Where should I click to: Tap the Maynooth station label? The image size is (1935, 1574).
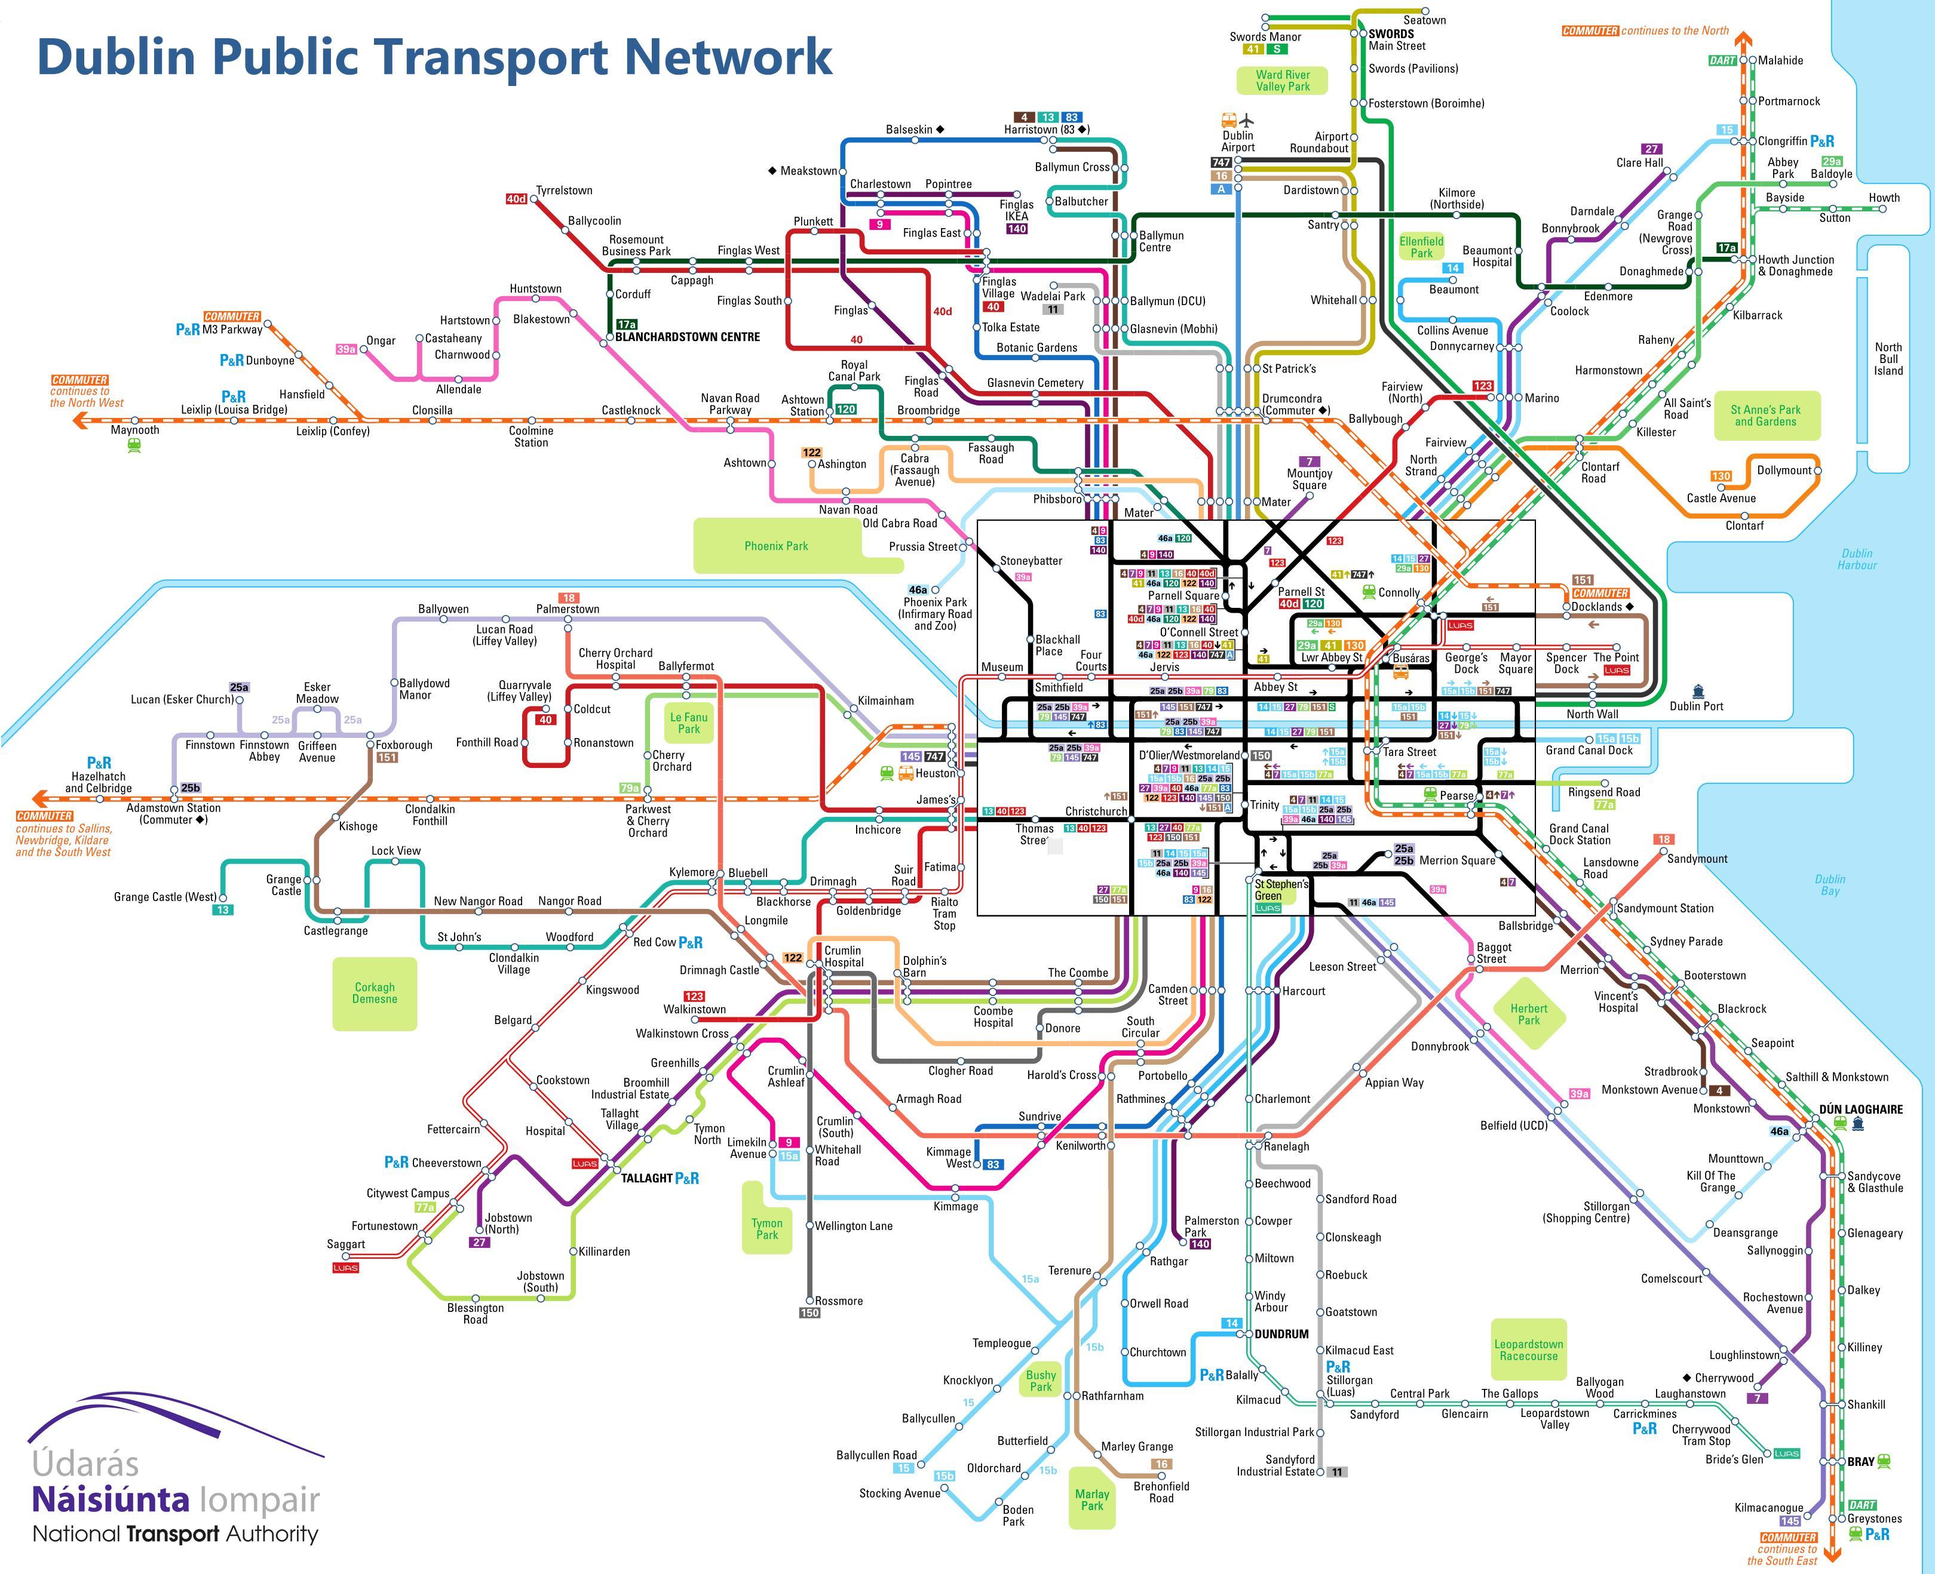tap(134, 430)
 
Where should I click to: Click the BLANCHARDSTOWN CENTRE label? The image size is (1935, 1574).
tap(687, 336)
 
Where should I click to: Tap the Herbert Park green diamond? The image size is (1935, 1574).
tap(1529, 1014)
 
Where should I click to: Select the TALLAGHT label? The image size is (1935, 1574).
tap(647, 1178)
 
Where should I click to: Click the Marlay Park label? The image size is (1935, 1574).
tap(1091, 1499)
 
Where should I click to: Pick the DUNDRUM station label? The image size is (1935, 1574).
tap(1281, 1334)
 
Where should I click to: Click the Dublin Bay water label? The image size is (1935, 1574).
tap(1830, 885)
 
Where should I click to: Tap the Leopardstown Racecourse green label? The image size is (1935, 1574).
tap(1529, 1350)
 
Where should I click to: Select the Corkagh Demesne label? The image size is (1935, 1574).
tap(375, 993)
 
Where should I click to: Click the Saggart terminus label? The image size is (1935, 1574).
tap(346, 1244)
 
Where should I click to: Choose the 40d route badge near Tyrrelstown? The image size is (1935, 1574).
tap(516, 199)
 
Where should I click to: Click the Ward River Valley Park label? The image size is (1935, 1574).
tap(1283, 81)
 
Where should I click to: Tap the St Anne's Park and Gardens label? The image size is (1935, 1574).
tap(1765, 415)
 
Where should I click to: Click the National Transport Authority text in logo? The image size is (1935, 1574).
tap(175, 1534)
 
